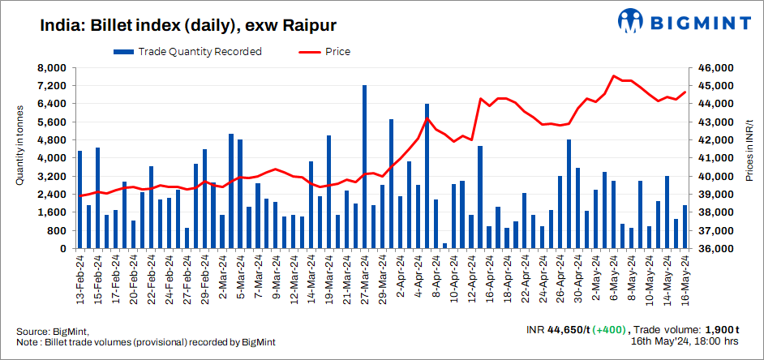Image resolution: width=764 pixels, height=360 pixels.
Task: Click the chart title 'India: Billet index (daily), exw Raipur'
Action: coord(188,25)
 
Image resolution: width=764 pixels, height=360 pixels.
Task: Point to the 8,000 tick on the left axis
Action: coord(52,68)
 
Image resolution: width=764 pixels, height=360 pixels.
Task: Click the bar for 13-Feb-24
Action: coord(79,199)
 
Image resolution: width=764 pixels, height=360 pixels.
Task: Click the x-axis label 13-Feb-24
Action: coord(79,279)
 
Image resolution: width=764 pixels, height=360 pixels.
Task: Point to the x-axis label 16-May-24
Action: coord(685,279)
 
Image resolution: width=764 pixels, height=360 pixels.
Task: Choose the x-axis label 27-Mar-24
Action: coord(364,279)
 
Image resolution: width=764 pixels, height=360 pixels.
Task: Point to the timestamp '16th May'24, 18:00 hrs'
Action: coord(685,343)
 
